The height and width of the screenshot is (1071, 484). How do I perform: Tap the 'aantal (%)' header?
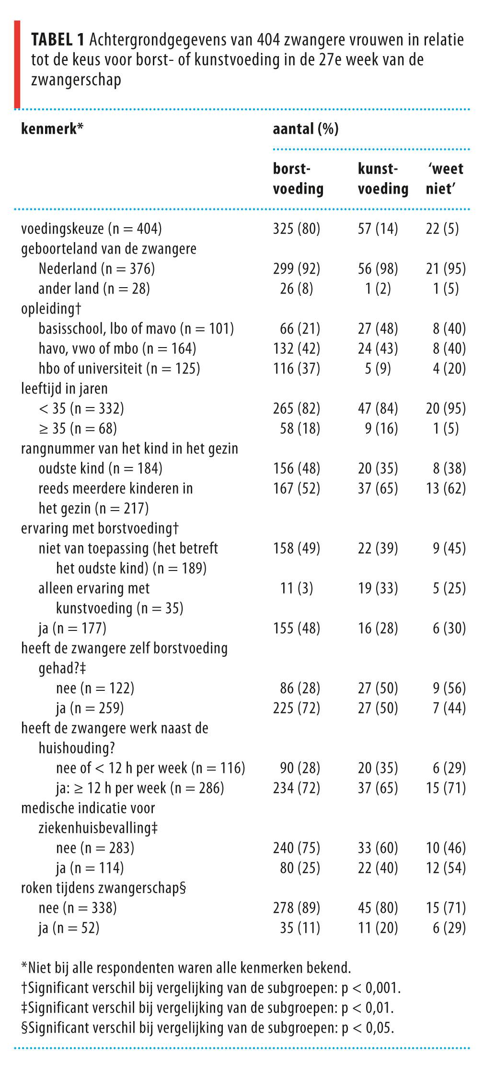[305, 129]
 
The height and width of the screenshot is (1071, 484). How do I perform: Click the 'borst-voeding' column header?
[298, 179]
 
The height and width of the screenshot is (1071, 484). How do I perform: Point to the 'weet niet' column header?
[445, 179]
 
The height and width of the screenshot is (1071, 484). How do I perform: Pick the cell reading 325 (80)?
[296, 229]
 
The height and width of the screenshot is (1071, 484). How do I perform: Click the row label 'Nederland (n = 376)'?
[97, 268]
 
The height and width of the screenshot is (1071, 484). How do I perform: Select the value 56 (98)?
[378, 268]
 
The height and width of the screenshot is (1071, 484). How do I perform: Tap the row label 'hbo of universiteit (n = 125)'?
[119, 369]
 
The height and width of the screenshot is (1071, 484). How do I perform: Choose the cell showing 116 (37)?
[296, 369]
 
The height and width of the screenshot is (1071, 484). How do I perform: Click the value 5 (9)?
[378, 369]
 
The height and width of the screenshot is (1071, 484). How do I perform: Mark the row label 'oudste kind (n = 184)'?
[101, 468]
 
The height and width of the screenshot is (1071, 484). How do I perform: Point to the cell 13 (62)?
[449, 489]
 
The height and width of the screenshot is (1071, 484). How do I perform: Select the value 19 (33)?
[378, 588]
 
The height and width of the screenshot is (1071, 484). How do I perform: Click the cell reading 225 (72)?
[296, 708]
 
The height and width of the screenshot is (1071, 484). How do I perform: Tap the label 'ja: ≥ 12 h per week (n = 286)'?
[140, 788]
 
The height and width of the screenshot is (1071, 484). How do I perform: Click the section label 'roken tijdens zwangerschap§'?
[104, 888]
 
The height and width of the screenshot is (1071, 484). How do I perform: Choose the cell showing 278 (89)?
[296, 908]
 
